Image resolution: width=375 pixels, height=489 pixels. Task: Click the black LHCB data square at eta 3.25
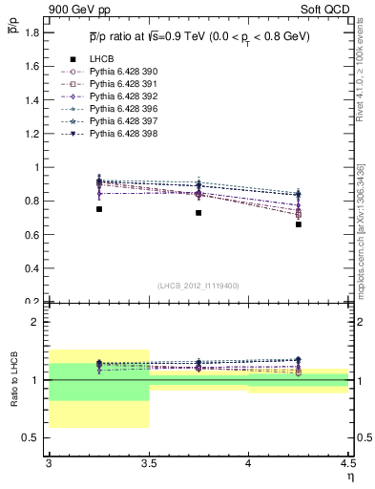pos(98,209)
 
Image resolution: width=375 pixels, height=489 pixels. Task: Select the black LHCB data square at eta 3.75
pos(198,213)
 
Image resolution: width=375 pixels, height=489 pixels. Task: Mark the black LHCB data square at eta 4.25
pos(299,224)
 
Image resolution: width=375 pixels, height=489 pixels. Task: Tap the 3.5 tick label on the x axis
pos(149,464)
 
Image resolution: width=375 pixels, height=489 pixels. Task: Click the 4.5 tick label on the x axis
pos(346,464)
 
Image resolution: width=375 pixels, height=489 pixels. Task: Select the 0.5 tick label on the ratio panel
pos(31,437)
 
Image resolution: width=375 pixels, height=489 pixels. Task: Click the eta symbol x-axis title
pos(349,477)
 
